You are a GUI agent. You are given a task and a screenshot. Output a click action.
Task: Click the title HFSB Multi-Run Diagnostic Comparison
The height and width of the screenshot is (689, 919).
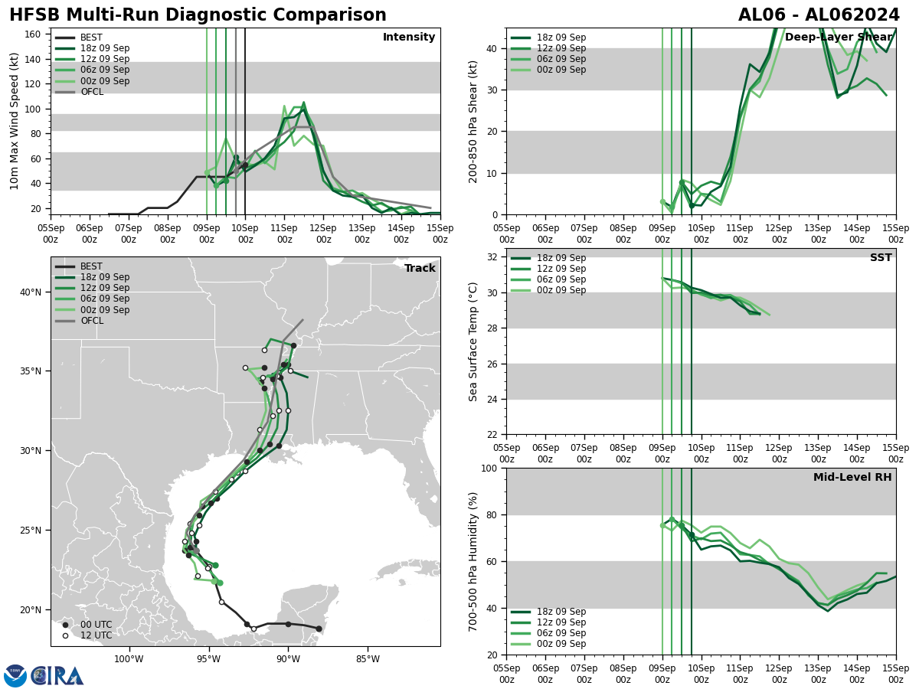pos(198,15)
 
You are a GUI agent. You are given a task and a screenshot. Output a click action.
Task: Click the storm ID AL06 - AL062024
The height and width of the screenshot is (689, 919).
pos(819,15)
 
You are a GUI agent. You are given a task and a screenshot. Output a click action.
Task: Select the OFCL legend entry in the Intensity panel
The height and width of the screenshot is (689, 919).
pos(91,92)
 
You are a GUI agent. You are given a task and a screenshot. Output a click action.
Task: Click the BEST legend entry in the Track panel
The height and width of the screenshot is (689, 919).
pos(90,266)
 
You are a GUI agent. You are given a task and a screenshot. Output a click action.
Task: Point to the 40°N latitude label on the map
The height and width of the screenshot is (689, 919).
pos(31,292)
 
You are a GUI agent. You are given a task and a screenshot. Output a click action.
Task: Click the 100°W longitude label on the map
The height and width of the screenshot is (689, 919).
pos(129,659)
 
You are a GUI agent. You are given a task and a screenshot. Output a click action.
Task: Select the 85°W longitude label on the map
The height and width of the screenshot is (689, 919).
pos(368,659)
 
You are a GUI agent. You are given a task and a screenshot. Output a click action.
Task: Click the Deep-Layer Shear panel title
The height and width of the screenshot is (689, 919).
pos(838,38)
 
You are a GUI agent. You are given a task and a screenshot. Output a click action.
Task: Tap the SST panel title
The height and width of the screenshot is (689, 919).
pos(880,258)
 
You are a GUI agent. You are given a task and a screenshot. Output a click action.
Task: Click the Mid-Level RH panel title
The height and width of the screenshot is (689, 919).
pos(852,478)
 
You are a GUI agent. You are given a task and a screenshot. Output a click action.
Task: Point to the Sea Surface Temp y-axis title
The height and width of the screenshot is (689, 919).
pos(474,341)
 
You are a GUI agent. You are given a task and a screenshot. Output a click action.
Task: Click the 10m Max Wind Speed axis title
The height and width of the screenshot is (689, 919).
pos(15,121)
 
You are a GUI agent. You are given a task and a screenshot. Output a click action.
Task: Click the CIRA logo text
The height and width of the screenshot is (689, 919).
pos(57,675)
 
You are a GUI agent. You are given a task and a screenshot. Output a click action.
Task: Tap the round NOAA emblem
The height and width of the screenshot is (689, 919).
pos(15,675)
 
